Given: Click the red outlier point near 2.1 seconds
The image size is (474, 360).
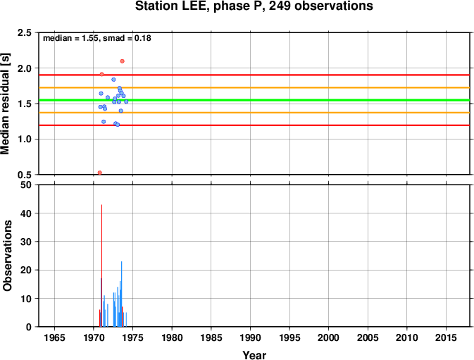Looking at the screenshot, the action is [122, 61].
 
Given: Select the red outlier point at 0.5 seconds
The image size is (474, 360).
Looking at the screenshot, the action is [100, 173].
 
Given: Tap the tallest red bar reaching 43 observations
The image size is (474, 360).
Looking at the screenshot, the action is [101, 266].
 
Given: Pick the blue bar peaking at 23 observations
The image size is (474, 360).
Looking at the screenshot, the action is [122, 294].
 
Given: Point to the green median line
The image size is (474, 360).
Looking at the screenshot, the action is [254, 100].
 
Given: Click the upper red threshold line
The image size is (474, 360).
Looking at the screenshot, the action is [254, 75].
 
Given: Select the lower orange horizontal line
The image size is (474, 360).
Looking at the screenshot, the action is [254, 113].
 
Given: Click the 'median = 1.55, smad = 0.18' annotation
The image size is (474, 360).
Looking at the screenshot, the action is [97, 38].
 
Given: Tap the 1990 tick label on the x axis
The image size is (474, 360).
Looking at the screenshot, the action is [250, 337].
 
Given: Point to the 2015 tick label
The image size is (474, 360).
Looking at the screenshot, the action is [446, 337].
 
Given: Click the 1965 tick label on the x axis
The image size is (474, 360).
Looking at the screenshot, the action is [54, 337].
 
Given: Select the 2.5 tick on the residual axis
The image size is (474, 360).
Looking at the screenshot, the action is [25, 32].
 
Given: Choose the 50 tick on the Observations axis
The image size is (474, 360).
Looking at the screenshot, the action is [27, 185].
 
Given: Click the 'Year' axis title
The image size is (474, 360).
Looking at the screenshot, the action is [254, 355].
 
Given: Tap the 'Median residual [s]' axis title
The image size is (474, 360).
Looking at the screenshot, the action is [6, 104].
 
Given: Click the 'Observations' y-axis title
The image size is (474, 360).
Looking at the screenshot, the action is [7, 256].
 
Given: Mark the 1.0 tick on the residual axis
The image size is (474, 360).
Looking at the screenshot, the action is [25, 139].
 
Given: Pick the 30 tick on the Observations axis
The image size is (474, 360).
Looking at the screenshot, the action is [27, 242].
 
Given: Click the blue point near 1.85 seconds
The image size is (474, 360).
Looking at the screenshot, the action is [113, 80].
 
